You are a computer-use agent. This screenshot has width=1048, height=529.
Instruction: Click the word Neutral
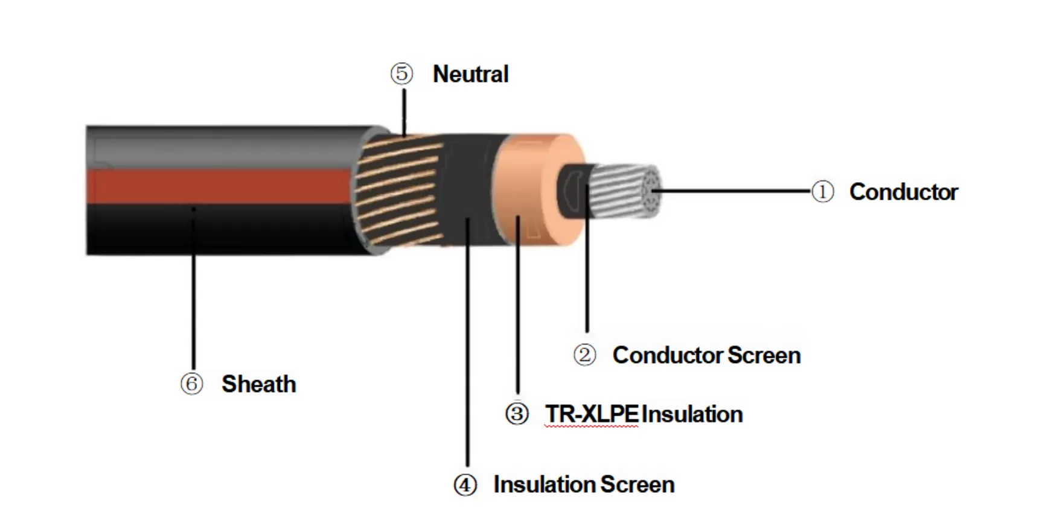coord(470,74)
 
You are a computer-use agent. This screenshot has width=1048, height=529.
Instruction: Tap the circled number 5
coord(401,74)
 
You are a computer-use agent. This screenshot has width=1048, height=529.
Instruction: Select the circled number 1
coord(822,192)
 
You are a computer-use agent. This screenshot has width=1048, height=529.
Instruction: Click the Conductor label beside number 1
coord(903,192)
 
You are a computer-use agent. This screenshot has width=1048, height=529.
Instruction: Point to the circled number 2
coord(584,355)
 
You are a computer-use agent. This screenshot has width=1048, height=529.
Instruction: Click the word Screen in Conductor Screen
coord(764,355)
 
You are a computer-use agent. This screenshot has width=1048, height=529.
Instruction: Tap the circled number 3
coord(517,414)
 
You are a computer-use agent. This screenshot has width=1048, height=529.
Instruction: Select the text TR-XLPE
coord(591,414)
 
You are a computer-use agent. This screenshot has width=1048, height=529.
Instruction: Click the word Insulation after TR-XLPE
coord(692,414)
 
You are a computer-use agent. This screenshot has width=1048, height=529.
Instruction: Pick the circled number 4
coord(465,484)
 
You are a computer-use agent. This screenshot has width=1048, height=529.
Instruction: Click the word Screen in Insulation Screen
coord(637,484)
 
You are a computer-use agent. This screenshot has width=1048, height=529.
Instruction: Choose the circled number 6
coord(192,384)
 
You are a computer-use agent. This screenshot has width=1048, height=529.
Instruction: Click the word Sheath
coord(258,384)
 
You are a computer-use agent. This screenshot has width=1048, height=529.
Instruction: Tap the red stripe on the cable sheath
coord(217,186)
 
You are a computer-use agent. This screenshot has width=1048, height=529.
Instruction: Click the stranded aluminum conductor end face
coord(651,191)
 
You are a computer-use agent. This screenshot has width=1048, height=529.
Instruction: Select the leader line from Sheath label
coord(194,290)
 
